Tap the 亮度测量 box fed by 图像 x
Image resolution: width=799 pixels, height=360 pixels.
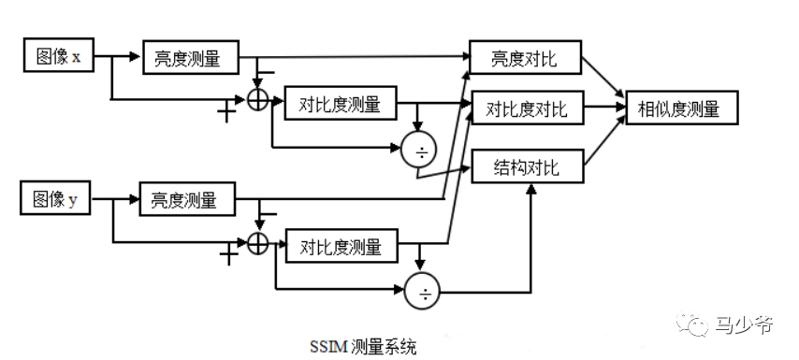point(190,58)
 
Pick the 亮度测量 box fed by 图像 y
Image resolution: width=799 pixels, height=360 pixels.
point(186,200)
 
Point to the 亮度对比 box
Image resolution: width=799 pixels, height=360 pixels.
point(524,58)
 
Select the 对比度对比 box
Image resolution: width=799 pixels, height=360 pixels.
point(526,108)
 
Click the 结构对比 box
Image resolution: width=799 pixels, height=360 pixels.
point(526,166)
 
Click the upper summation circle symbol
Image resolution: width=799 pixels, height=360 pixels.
point(258,100)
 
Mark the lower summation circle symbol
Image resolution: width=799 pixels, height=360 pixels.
point(258,242)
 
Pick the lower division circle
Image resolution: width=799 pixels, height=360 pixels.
point(426,294)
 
